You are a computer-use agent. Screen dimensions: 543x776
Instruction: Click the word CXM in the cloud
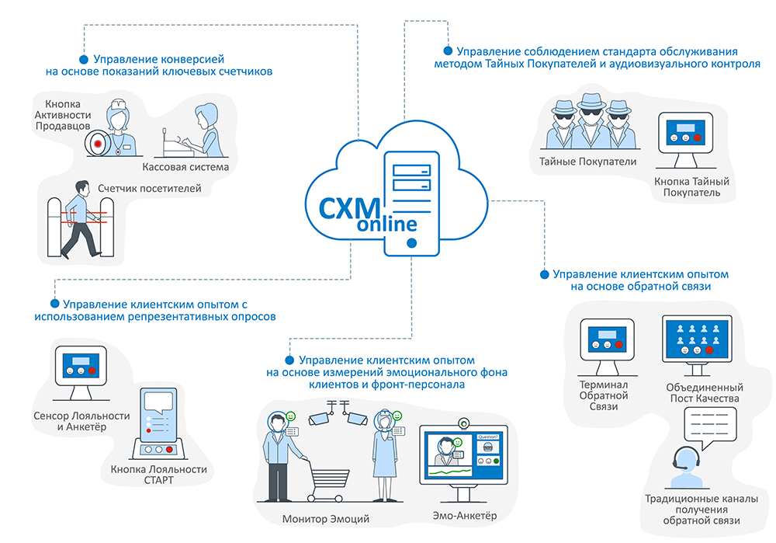pos(349,207)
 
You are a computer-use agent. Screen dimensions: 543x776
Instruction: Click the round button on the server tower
pos(411,243)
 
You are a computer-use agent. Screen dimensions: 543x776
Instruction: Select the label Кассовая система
pos(185,167)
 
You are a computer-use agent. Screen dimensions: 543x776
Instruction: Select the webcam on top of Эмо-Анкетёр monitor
pos(464,424)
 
